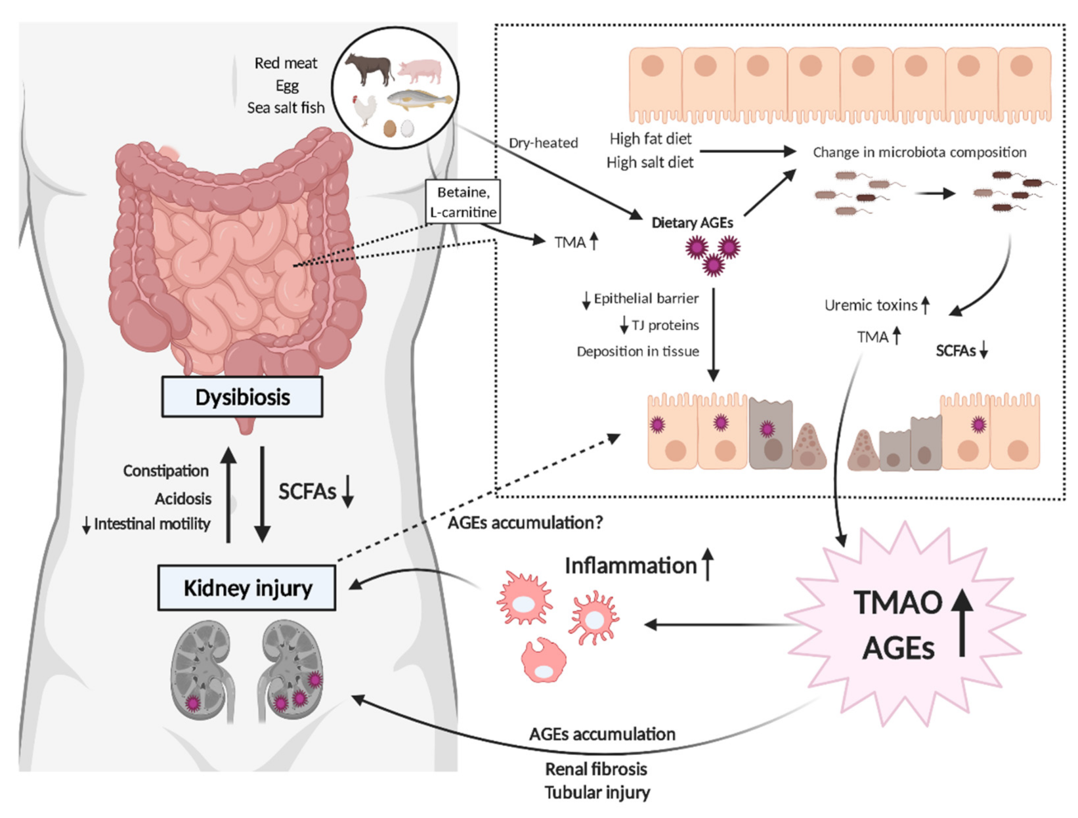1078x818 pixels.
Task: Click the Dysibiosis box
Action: click(242, 397)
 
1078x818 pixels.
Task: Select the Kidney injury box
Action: click(247, 588)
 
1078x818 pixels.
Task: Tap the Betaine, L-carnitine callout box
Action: click(463, 202)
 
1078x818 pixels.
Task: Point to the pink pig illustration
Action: click(420, 70)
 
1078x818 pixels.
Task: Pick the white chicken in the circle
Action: click(364, 109)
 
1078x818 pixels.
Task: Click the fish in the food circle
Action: click(419, 99)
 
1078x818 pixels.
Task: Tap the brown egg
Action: click(390, 128)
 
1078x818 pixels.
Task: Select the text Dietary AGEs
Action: click(692, 223)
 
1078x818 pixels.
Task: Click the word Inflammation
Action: click(630, 565)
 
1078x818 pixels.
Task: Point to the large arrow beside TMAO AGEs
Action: click(962, 622)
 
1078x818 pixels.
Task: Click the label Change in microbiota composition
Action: click(919, 152)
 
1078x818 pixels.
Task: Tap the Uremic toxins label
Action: click(871, 305)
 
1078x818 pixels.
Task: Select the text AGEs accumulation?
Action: click(525, 523)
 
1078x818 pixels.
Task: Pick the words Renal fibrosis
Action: click(595, 769)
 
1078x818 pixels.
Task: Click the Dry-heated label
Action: click(543, 142)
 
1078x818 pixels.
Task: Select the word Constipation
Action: click(165, 471)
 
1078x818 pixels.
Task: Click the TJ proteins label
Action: click(664, 325)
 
